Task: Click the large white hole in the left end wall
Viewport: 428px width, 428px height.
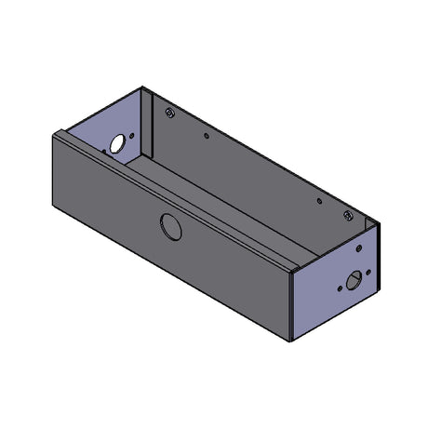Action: [x=117, y=144]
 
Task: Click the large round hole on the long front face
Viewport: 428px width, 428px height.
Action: [x=170, y=225]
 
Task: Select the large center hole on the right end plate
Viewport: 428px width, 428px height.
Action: [x=353, y=281]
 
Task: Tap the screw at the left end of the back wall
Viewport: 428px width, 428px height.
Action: [x=168, y=113]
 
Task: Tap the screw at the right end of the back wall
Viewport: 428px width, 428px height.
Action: [x=348, y=216]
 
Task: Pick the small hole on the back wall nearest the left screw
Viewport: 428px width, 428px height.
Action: [x=207, y=135]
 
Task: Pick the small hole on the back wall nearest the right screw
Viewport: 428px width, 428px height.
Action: [x=318, y=199]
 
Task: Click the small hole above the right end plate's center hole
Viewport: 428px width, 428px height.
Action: [x=358, y=250]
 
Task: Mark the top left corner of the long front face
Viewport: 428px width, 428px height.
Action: [x=55, y=132]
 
